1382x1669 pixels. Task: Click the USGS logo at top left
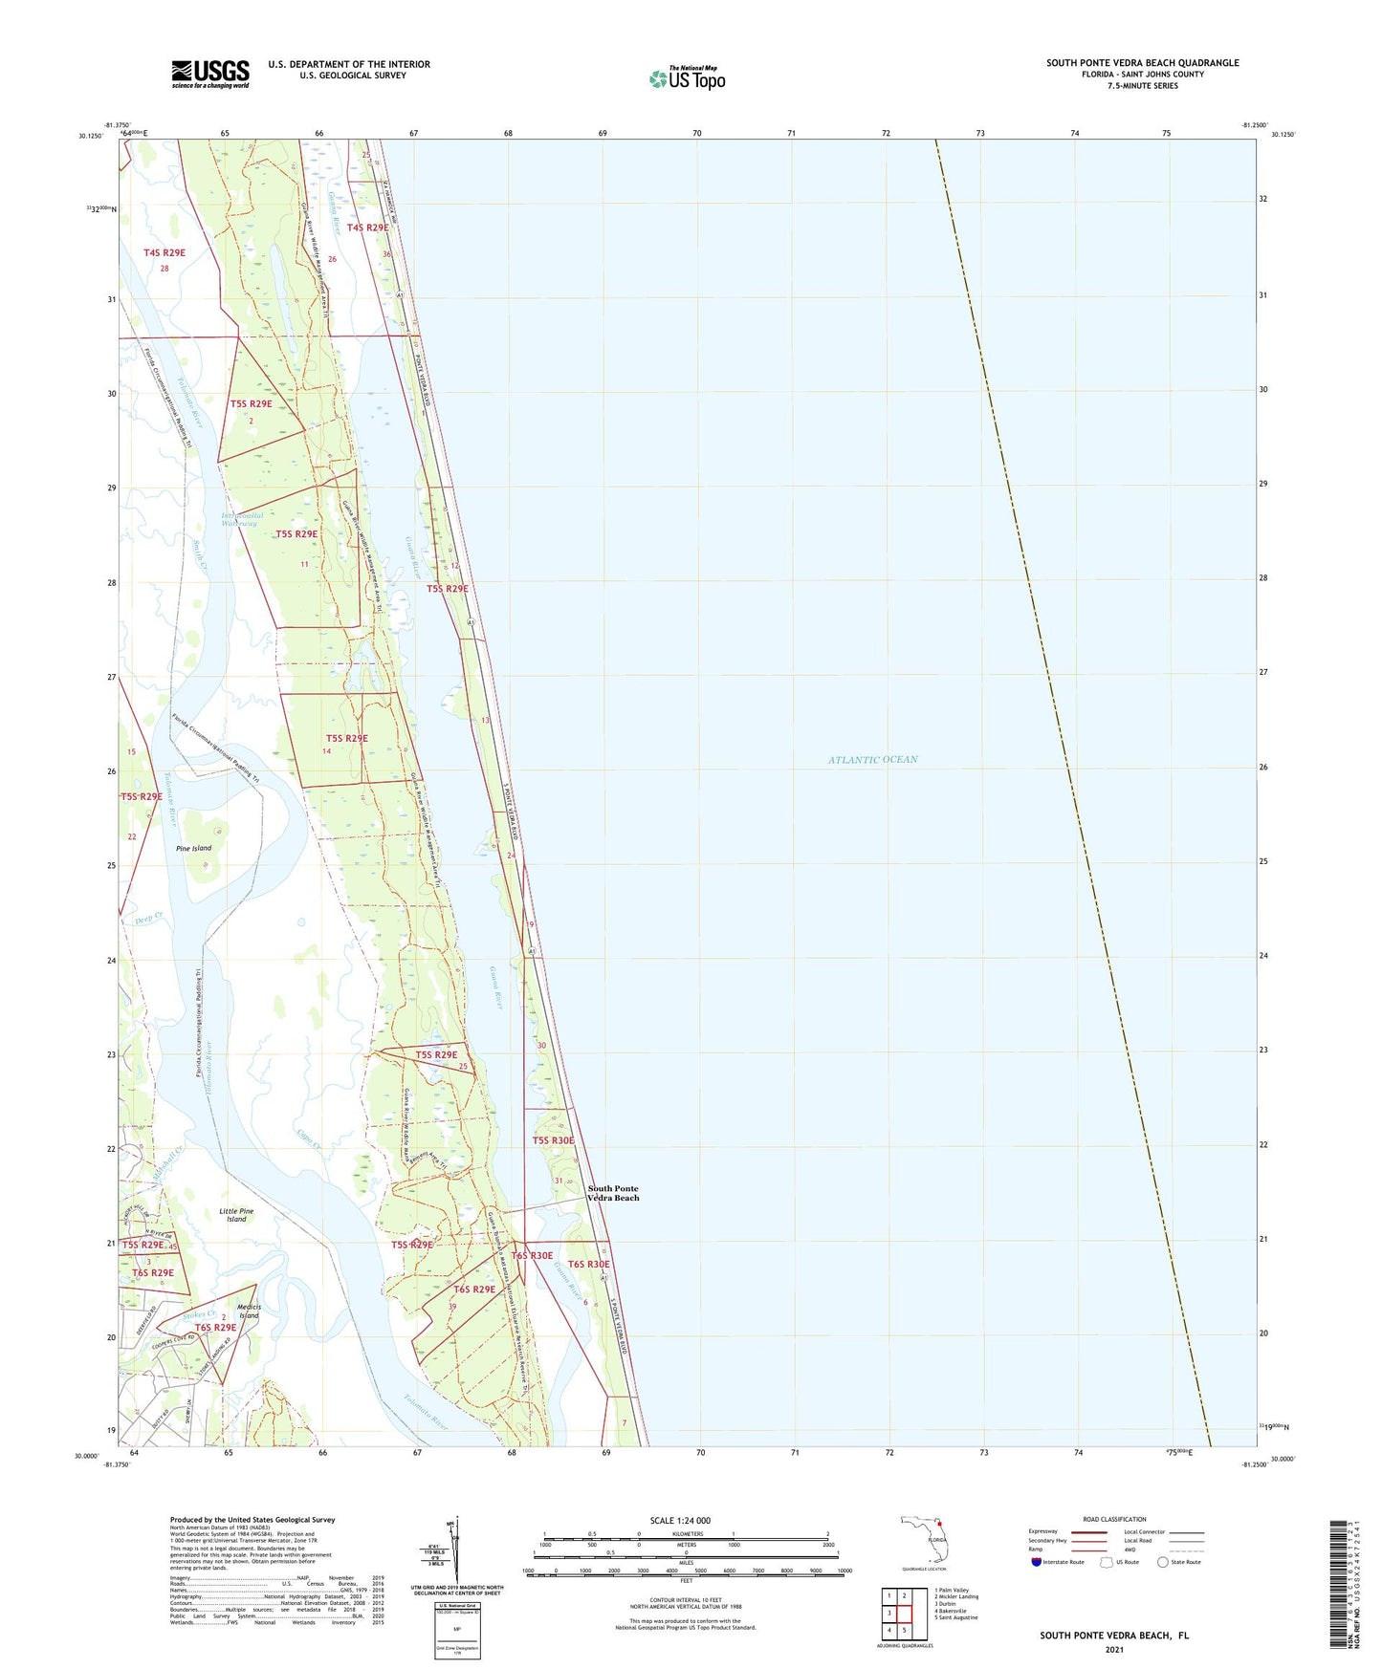point(210,74)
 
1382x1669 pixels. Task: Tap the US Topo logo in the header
point(687,78)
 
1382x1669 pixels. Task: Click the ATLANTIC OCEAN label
point(872,760)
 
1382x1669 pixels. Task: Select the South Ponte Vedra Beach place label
point(613,1193)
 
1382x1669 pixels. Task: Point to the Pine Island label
point(193,848)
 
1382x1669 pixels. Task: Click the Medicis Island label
point(249,1311)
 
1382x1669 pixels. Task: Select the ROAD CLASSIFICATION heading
point(1114,1519)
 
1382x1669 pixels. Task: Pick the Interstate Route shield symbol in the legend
point(1037,1563)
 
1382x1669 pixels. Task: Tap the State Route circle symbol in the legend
point(1163,1563)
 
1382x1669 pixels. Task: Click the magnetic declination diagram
point(455,1550)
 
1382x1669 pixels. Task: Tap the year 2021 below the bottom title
point(1114,1649)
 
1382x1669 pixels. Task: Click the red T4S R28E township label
point(165,253)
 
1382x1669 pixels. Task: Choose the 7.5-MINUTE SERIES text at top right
point(1143,86)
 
